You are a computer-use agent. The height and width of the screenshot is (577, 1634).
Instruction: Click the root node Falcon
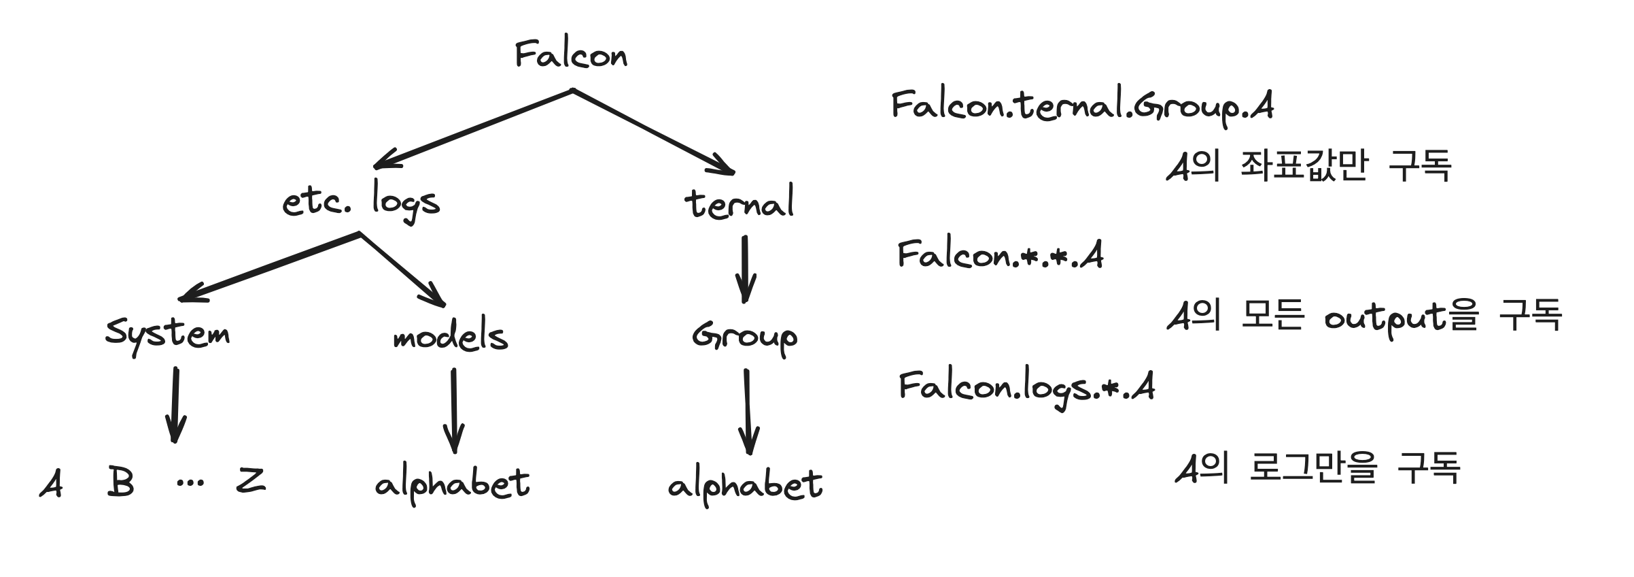coord(571,54)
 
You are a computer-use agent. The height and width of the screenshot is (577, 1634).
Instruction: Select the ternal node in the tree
coord(739,203)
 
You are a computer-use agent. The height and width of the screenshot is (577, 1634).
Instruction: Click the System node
coord(167,334)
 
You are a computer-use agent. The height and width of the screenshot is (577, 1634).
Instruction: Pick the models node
coord(451,336)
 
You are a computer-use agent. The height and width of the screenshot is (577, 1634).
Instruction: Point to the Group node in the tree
coord(744,336)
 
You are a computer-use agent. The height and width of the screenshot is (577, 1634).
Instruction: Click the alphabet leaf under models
coord(452,484)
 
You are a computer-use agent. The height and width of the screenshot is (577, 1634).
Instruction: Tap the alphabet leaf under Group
coord(745,486)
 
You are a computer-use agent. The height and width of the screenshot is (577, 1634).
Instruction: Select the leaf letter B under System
coord(120,482)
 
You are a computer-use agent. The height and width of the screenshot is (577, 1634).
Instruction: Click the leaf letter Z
coord(251,481)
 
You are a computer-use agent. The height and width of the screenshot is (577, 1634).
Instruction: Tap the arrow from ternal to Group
coord(745,269)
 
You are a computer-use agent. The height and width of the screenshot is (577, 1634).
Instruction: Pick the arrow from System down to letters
coord(175,405)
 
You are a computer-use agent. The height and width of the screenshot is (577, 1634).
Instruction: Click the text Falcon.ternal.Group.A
coord(1082,107)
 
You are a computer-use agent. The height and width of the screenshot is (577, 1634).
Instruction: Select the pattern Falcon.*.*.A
coord(1000,255)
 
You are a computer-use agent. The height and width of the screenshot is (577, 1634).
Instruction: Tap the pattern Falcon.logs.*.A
coord(1026,387)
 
